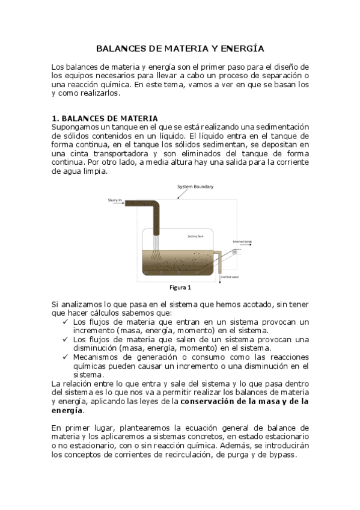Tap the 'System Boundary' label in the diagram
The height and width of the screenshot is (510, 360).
pos(195,187)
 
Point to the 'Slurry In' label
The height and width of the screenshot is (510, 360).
pos(115,200)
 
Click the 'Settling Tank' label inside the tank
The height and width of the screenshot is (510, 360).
pos(195,236)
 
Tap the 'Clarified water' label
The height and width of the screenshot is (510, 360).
pos(230,277)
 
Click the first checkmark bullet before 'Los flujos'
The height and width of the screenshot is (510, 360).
pos(66,322)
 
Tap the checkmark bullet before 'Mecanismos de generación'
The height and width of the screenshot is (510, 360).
pos(66,357)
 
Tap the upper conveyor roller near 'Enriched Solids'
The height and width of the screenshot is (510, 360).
pos(236,251)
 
